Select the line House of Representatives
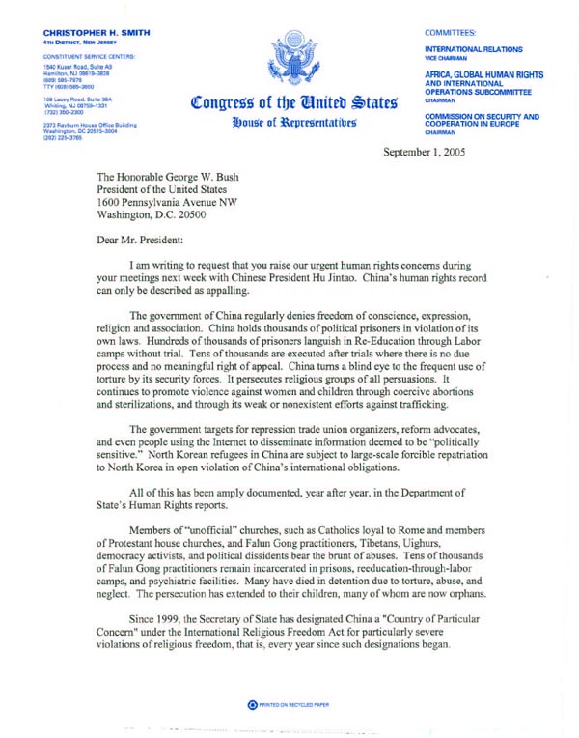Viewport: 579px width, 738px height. coord(292,124)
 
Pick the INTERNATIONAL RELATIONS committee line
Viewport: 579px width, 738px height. coord(474,48)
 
